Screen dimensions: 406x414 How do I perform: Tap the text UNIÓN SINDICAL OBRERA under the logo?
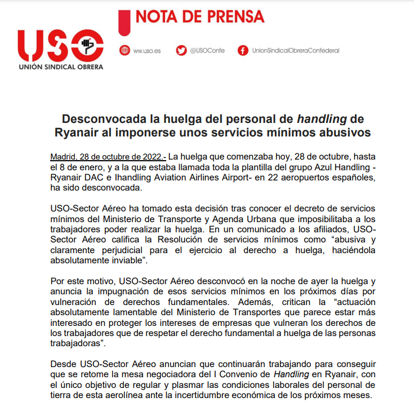click(60, 67)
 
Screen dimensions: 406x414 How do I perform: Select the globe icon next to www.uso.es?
click(124, 50)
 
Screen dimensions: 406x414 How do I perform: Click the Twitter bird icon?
click(181, 50)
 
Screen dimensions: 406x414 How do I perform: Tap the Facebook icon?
click(243, 50)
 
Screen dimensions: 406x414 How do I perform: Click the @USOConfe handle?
click(207, 51)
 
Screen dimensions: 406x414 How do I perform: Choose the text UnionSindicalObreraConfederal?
click(296, 51)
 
